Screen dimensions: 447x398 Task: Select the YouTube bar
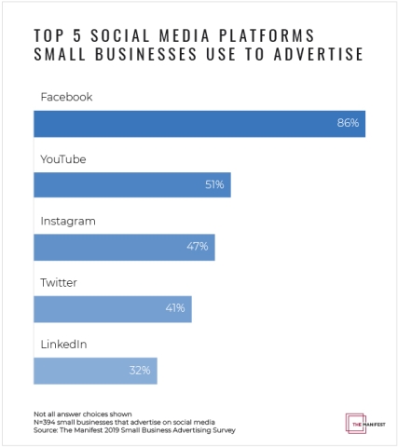[x=130, y=184]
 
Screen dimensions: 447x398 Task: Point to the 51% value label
[x=214, y=184]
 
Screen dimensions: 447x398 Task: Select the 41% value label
[x=175, y=308]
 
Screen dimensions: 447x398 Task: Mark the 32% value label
[x=141, y=370]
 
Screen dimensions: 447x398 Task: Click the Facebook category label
[x=66, y=97]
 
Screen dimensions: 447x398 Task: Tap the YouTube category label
[x=63, y=159]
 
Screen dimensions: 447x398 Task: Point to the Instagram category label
[x=69, y=221]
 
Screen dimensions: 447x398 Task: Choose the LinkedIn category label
[x=63, y=345]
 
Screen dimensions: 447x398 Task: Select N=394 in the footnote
[x=46, y=421]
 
